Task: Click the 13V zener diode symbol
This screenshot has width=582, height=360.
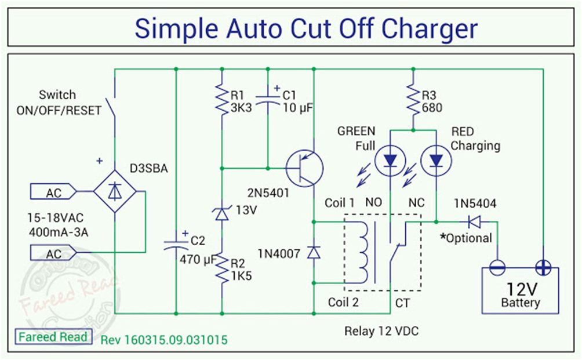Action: (221, 214)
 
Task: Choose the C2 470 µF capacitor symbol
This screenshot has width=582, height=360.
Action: (175, 245)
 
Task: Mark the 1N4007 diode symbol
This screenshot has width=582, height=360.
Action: (313, 252)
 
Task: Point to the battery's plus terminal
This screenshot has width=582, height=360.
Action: (543, 267)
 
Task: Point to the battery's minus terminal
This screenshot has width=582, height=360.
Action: (497, 267)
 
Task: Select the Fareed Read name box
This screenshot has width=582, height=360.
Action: (53, 337)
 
